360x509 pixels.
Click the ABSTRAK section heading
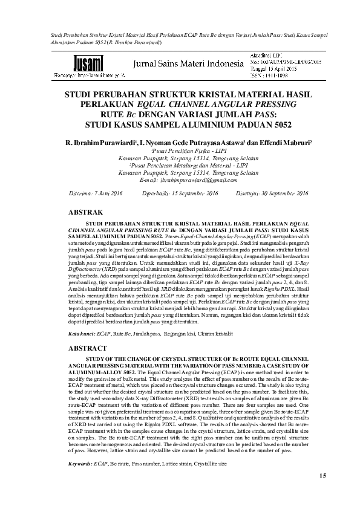click(88, 213)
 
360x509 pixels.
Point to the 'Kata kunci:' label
click(82, 333)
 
